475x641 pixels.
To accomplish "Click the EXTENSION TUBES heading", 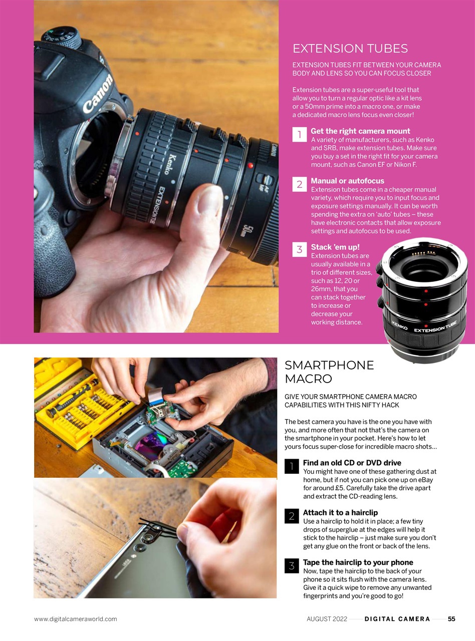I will click(x=350, y=49).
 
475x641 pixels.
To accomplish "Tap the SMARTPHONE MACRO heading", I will click(x=329, y=372).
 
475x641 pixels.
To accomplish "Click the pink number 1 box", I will click(x=299, y=134).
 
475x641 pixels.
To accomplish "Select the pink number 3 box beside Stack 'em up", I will click(x=299, y=249).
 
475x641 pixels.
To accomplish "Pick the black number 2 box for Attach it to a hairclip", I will click(x=291, y=516).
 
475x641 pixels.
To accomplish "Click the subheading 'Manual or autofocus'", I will click(x=347, y=181).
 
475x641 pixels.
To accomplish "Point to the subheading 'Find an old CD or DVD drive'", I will click(x=352, y=463).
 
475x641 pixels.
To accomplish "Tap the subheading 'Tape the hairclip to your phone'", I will click(x=358, y=562).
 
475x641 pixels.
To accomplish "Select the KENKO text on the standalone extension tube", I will click(x=399, y=327).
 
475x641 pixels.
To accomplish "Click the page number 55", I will click(x=451, y=619).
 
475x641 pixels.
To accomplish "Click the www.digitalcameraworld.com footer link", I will click(x=75, y=619).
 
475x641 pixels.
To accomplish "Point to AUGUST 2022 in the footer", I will click(x=327, y=619).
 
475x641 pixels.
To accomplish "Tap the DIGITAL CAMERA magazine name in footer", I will click(x=397, y=619).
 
